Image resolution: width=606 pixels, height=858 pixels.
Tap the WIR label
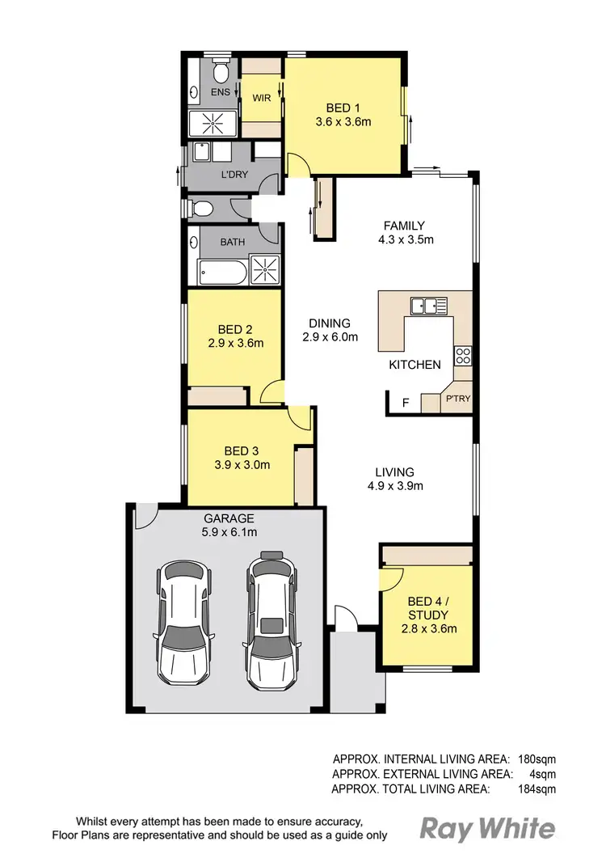pos(261,98)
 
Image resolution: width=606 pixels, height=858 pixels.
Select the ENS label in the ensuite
pos(221,93)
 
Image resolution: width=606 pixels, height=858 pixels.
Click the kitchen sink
pos(428,306)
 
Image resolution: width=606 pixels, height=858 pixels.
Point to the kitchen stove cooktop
pos(463,356)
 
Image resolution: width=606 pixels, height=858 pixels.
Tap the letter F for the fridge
pos(406,401)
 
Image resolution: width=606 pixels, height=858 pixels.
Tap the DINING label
pos(330,323)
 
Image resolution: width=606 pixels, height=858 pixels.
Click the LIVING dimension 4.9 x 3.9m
pos(394,486)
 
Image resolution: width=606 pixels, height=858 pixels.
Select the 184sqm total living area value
pos(536,788)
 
